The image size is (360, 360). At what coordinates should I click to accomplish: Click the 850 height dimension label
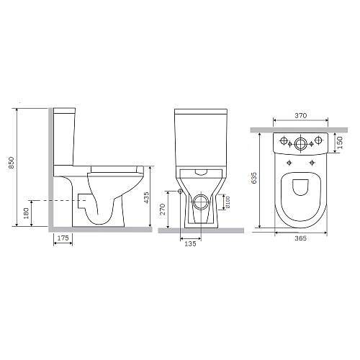tap(12, 163)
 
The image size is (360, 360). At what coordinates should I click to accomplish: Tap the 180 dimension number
tap(26, 213)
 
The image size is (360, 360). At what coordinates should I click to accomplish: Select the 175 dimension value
tap(63, 238)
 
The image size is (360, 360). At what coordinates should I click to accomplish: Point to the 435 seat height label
tap(146, 198)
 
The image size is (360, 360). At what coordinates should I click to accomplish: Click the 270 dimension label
tap(163, 209)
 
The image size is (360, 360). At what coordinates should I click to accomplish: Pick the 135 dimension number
tap(190, 243)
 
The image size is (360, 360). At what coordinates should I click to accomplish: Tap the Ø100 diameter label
tap(228, 202)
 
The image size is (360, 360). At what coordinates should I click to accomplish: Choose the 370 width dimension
tap(301, 116)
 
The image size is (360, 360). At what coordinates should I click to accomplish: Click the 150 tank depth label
tap(340, 143)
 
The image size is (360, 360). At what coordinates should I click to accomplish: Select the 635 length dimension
tap(253, 178)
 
